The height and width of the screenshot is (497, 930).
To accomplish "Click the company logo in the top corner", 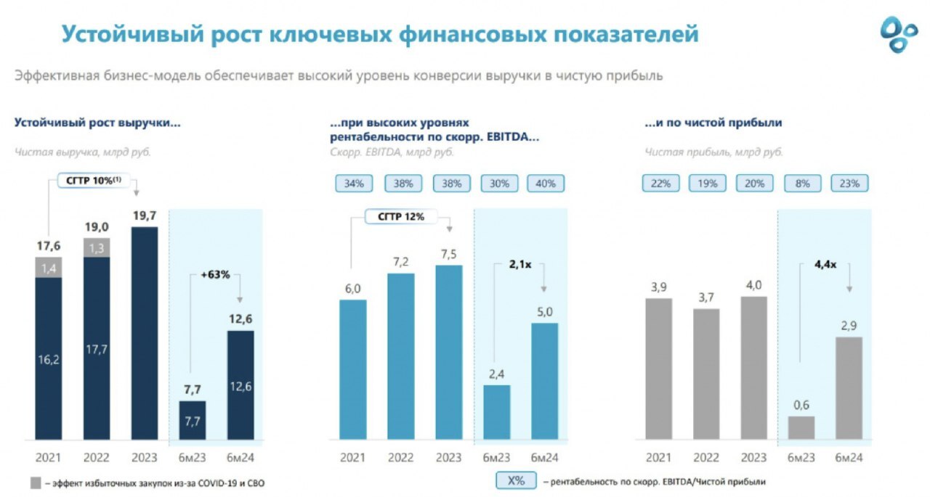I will [899, 34].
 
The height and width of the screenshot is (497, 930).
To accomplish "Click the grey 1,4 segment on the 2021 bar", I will [48, 268].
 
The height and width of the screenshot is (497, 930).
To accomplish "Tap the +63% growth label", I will [215, 275].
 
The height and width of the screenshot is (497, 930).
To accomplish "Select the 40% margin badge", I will [545, 184].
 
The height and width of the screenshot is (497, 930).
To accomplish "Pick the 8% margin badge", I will [801, 184].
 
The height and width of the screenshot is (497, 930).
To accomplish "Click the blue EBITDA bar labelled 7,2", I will [400, 356].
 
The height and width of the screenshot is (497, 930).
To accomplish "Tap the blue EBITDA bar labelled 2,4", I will [497, 411].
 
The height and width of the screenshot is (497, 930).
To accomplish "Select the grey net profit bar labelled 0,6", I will [801, 427].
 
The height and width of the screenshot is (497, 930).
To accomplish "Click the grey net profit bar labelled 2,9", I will [849, 387].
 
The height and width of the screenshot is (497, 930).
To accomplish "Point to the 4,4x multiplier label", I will [825, 265].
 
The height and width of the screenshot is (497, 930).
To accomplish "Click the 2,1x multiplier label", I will [519, 266].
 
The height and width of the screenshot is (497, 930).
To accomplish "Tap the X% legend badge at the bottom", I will [516, 480].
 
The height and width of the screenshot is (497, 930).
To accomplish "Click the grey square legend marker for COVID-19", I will [36, 482].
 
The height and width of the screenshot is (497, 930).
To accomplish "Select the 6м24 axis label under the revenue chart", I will [240, 458].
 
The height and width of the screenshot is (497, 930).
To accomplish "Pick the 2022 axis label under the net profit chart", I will [705, 458].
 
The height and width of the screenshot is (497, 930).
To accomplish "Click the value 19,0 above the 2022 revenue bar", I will [97, 227].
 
